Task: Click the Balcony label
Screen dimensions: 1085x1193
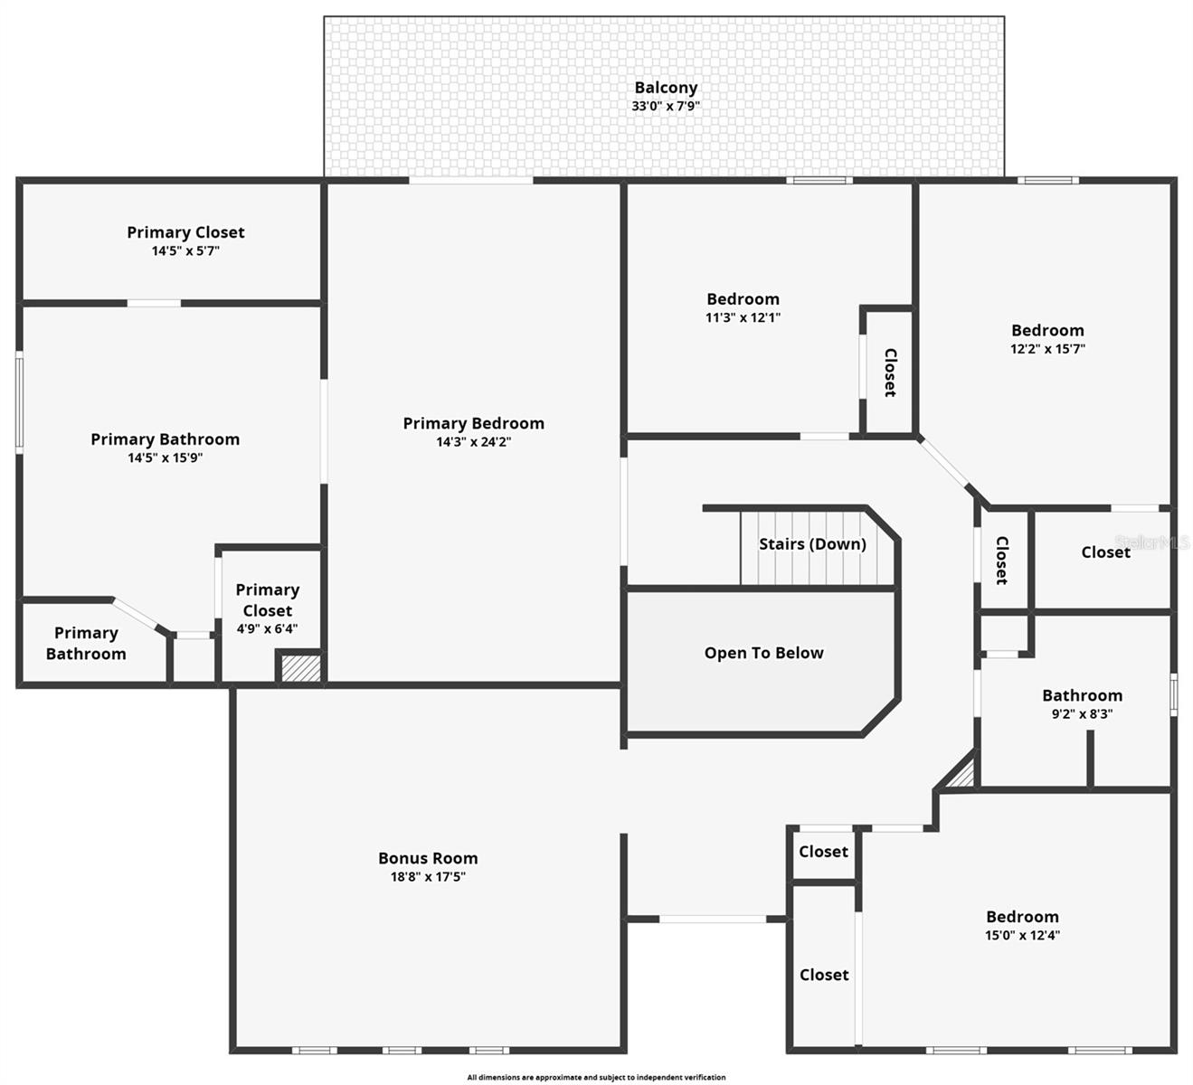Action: coord(666,88)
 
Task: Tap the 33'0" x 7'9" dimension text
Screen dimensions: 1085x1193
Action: coord(666,106)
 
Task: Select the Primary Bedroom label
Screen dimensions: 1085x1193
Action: coord(473,423)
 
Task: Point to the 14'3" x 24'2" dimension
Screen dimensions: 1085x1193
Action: coord(473,442)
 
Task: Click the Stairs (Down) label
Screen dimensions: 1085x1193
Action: coord(812,543)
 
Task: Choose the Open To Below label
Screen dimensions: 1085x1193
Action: coord(763,653)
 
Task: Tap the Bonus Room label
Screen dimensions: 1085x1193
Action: coord(428,858)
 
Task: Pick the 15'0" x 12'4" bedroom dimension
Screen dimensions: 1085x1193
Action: coord(1022,936)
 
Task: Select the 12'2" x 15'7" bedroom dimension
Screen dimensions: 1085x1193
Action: coord(1047,349)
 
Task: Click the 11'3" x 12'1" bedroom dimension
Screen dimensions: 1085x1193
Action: coord(743,317)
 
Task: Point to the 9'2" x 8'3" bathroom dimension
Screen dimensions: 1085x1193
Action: coord(1082,713)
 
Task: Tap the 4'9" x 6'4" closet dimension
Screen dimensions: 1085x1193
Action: coord(267,628)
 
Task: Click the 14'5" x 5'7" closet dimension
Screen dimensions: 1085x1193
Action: coord(185,250)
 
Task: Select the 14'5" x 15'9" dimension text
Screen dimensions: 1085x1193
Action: coord(165,458)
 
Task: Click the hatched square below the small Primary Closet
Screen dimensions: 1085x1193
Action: coord(299,668)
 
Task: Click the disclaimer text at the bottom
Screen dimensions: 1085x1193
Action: coord(596,1077)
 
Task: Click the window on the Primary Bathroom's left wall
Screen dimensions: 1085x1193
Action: coord(19,402)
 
